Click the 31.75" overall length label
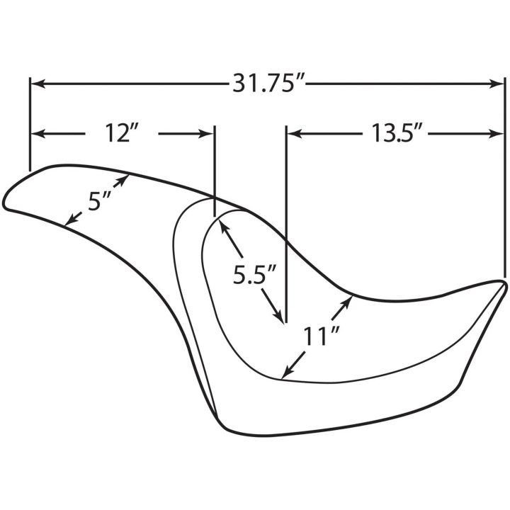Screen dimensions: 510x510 pyautogui.click(x=268, y=84)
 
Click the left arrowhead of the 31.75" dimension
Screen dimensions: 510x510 pyautogui.click(x=38, y=84)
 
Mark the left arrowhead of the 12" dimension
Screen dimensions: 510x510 pyautogui.click(x=38, y=134)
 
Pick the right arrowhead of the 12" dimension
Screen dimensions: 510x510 pyautogui.click(x=207, y=134)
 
